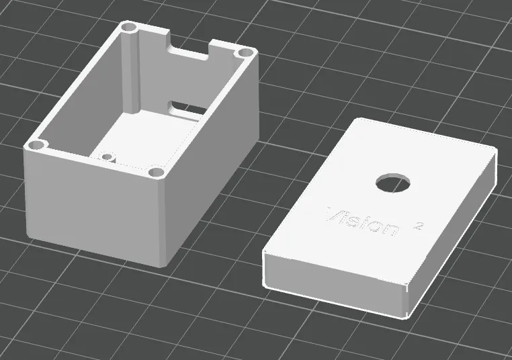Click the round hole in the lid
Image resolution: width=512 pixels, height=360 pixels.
(x=393, y=183)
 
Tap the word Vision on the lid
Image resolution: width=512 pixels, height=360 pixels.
(x=362, y=221)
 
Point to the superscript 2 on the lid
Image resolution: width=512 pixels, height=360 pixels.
(x=417, y=226)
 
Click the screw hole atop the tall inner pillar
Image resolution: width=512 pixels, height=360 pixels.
(x=129, y=28)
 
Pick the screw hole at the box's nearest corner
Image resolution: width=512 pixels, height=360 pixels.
(x=156, y=172)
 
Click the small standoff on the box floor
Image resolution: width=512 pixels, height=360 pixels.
(x=107, y=157)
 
